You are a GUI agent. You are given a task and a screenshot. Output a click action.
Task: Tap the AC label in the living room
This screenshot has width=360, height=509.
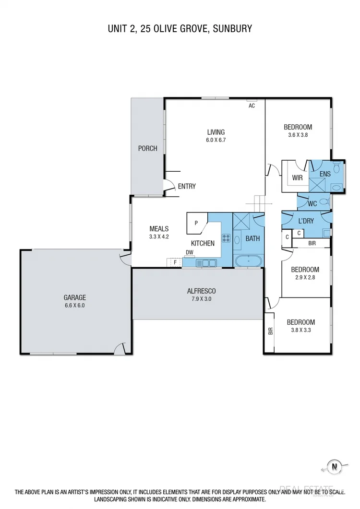(x=252, y=106)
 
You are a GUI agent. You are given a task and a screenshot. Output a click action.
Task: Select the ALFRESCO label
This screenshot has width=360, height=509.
(x=201, y=291)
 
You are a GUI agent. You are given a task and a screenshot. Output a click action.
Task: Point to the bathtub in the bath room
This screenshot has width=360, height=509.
(x=248, y=261)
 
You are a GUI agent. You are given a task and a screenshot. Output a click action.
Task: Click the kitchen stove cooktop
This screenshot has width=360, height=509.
(x=226, y=238)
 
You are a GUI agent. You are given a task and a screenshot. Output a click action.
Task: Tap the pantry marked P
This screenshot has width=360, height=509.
(x=196, y=223)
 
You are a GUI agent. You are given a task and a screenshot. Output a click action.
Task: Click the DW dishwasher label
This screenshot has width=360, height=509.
(x=189, y=252)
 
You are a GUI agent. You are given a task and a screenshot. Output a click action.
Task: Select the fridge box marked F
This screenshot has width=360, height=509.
(x=175, y=262)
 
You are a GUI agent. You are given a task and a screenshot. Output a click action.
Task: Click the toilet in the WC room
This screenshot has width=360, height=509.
(x=324, y=202)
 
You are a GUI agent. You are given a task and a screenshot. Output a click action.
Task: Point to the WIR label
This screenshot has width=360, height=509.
(x=297, y=178)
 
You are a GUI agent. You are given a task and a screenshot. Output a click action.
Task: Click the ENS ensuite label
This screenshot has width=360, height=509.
(x=325, y=174)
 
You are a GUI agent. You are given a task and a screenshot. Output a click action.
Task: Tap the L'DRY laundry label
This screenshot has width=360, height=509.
(x=306, y=221)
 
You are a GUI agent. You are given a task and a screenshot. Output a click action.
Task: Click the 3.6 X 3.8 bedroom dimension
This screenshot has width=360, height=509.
(x=298, y=135)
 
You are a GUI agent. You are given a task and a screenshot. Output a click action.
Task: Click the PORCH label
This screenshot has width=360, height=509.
(x=147, y=148)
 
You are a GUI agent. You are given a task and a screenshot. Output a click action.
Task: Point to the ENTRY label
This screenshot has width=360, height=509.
(x=187, y=186)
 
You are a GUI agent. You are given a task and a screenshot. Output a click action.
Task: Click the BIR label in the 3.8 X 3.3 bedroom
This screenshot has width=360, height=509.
(x=270, y=331)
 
